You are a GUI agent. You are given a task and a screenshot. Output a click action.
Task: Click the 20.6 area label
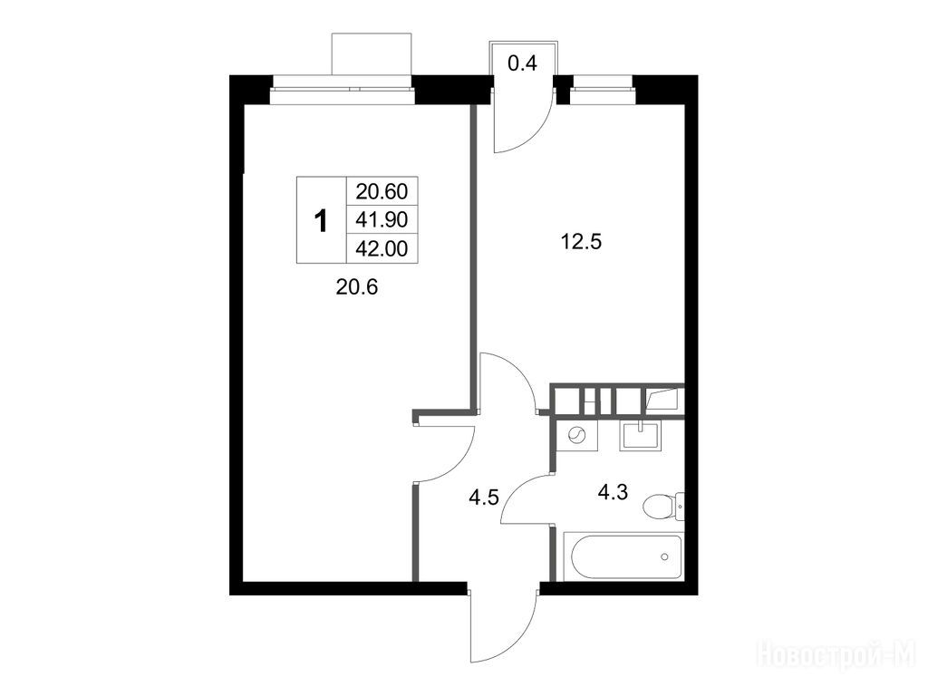point(356,287)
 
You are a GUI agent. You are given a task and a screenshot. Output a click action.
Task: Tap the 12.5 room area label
point(581,241)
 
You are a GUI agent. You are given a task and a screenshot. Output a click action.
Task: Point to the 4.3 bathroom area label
point(613,491)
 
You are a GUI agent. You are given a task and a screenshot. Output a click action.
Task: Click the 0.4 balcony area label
point(523,63)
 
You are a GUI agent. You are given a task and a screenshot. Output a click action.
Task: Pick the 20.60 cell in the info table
point(382,191)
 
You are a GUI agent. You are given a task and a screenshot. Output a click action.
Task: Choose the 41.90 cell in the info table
point(382,219)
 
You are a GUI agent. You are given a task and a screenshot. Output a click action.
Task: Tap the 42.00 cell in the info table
point(382,248)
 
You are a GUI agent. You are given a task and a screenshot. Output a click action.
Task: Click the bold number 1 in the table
point(321,221)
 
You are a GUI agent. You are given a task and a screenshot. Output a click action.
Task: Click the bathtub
point(623,556)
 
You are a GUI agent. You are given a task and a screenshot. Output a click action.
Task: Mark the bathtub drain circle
point(664,556)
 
